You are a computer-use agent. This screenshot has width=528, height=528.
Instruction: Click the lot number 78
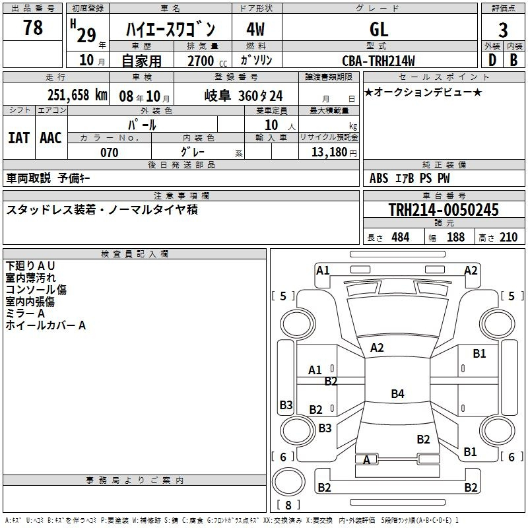(x=33, y=27)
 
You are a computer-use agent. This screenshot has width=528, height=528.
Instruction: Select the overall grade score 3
(x=503, y=30)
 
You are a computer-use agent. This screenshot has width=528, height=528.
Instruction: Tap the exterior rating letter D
(x=492, y=60)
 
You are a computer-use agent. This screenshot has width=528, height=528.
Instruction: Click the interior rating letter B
(x=513, y=60)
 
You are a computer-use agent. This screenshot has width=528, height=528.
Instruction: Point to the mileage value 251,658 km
(x=77, y=95)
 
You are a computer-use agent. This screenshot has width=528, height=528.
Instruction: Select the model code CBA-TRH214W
(x=378, y=61)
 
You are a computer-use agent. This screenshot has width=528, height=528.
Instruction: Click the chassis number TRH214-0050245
(x=444, y=209)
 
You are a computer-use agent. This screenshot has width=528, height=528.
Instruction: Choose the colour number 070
(x=110, y=152)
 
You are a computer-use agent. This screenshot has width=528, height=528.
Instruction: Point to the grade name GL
(x=379, y=29)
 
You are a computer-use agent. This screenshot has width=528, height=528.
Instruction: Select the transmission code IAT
(x=19, y=138)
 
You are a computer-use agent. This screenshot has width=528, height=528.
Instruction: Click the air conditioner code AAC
(x=51, y=138)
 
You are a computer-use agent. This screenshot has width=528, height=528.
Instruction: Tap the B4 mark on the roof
(x=397, y=393)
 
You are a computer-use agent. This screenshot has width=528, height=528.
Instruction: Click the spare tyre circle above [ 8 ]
(x=288, y=482)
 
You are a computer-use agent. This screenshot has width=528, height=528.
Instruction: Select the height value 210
(x=508, y=237)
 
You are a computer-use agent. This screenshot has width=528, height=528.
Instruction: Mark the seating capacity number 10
(x=271, y=125)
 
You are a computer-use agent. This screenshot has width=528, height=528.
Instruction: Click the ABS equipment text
(x=379, y=178)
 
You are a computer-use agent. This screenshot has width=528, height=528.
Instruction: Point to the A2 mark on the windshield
(x=377, y=348)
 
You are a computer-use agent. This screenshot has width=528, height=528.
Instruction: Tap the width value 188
(x=455, y=237)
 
